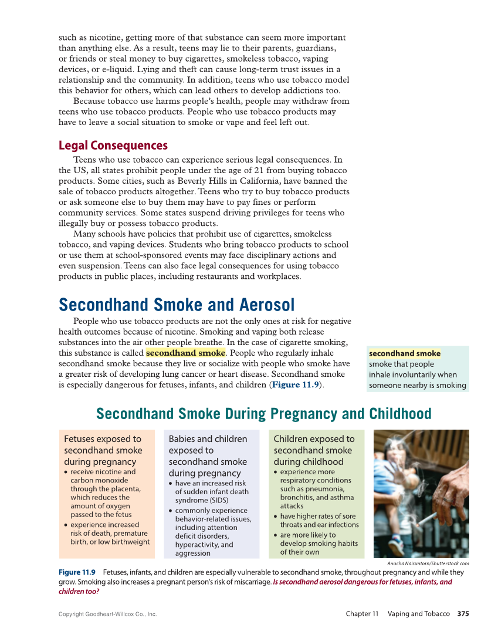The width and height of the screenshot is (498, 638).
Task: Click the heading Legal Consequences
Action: [x=113, y=146]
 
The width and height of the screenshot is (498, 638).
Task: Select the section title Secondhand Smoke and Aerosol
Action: [x=177, y=305]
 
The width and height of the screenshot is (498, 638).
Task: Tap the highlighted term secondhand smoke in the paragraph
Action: [x=185, y=353]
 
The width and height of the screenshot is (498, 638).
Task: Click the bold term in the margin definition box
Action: [x=404, y=353]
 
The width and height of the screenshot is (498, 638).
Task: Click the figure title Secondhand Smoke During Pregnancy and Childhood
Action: [x=263, y=414]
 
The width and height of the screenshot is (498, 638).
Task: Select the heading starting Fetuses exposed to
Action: [x=103, y=450]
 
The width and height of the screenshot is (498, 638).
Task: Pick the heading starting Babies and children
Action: [x=208, y=455]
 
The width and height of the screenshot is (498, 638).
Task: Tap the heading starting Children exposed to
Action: [x=314, y=450]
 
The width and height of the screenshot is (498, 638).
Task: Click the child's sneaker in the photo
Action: [x=397, y=546]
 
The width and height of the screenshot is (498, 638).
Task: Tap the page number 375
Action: [x=463, y=614]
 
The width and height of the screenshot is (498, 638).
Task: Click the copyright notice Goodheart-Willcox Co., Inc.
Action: [x=107, y=614]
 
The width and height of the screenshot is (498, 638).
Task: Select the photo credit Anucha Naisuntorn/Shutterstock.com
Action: [x=428, y=563]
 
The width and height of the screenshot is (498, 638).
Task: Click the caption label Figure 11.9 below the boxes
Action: [x=77, y=572]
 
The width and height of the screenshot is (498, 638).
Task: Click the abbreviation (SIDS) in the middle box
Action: [x=189, y=500]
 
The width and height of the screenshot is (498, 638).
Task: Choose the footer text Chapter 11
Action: [x=362, y=614]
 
